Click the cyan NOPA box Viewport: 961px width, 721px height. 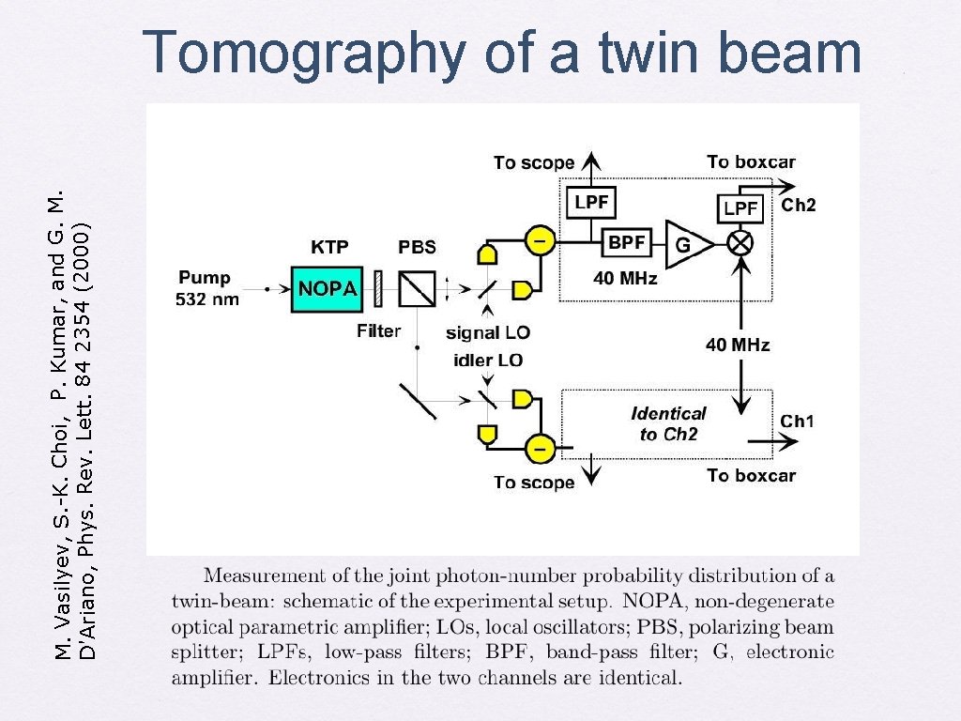tap(328, 287)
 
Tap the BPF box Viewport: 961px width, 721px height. tap(626, 242)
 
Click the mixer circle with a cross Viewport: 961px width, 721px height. tap(741, 243)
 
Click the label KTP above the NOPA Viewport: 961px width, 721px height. tap(329, 248)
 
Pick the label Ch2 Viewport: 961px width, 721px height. tap(799, 206)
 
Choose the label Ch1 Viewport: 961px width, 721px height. tap(798, 421)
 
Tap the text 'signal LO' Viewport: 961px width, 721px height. tap(488, 332)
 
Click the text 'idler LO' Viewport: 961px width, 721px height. tap(488, 360)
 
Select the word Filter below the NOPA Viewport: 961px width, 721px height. tap(379, 330)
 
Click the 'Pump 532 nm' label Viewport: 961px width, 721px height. tap(208, 288)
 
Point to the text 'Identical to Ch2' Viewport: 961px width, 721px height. tap(668, 423)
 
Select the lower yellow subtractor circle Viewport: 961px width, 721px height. tap(539, 448)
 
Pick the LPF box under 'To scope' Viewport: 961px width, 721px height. tap(590, 202)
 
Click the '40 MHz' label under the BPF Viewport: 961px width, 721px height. tap(625, 279)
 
